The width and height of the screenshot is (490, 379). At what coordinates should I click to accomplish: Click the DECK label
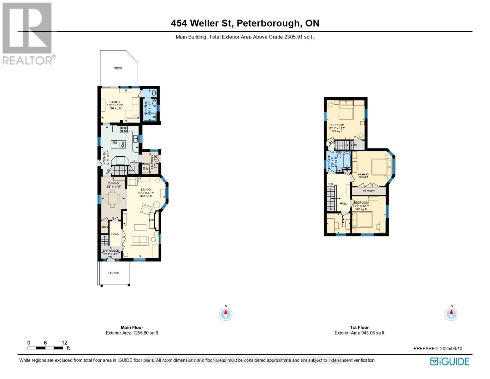tap(118, 68)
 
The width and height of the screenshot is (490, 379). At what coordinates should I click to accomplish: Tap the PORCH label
tap(114, 273)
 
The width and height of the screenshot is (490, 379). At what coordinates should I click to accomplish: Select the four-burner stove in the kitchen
tap(124, 129)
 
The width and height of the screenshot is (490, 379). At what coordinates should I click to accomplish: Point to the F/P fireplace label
tap(151, 220)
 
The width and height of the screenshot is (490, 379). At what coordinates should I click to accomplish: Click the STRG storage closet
tap(104, 227)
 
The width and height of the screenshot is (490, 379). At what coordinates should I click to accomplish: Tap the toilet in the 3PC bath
tap(154, 103)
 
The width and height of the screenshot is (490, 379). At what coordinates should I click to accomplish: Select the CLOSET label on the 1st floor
tap(369, 191)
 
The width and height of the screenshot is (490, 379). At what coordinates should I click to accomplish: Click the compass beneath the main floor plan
tap(226, 314)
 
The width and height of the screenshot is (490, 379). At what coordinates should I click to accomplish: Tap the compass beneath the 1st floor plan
tap(451, 314)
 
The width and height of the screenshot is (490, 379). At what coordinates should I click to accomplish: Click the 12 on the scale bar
tap(64, 343)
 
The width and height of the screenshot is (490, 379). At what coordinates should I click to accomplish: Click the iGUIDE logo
tap(450, 361)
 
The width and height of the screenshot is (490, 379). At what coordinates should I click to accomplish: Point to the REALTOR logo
tap(28, 33)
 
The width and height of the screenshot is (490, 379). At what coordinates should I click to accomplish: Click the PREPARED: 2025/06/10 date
tap(438, 349)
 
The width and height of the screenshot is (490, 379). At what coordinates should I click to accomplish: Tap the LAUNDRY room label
tap(152, 161)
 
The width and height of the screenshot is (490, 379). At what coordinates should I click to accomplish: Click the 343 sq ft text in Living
tap(146, 196)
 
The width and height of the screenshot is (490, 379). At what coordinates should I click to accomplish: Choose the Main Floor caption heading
tap(132, 328)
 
